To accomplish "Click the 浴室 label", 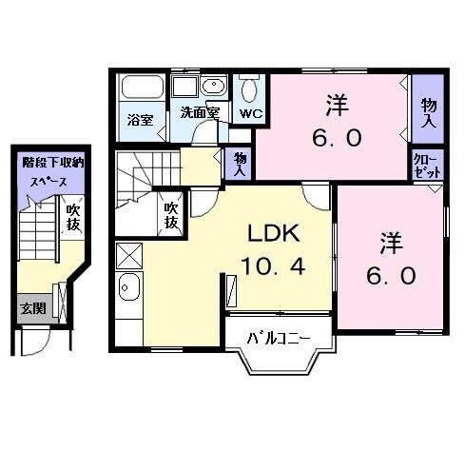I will coord(140,120).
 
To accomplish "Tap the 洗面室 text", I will coord(200,112).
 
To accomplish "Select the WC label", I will coord(252,113).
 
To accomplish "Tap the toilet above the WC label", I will coord(250,89).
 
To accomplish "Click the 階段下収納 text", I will coord(53,164).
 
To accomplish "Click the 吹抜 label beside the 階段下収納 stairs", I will coord(73,218).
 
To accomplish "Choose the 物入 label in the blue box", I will coord(428,113).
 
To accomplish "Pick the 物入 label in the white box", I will coord(241,165).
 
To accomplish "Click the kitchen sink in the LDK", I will coord(129,286).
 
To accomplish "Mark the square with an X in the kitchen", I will coord(128,255).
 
